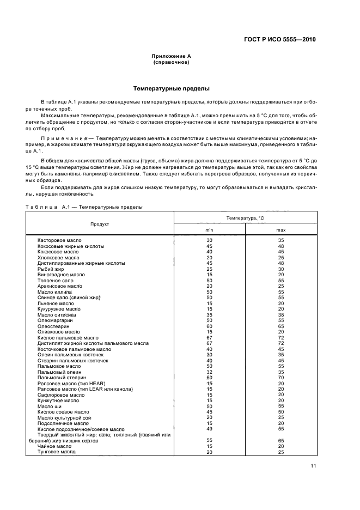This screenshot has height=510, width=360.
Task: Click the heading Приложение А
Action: tap(171, 56)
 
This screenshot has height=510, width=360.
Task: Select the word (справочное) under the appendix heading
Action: tap(171, 62)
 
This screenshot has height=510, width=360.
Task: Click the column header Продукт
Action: tap(100, 224)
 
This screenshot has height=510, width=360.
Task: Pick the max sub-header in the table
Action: tap(281, 230)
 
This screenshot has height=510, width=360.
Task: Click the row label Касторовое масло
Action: tap(59, 240)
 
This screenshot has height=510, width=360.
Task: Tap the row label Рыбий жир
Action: tap(51, 269)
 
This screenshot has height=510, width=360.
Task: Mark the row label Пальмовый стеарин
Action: tap(62, 377)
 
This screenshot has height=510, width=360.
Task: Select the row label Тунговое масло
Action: tap(57, 452)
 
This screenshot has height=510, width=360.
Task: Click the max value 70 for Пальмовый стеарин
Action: tap(281, 377)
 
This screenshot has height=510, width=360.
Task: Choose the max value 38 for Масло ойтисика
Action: tap(281, 314)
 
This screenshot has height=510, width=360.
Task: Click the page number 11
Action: tap(314, 465)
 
